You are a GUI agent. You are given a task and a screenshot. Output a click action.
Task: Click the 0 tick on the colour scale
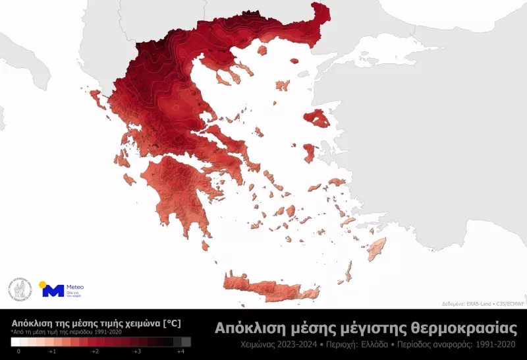(18, 352)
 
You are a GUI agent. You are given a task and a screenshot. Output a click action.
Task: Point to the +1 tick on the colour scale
(52, 352)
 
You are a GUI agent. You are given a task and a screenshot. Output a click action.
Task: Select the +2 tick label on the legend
(95, 352)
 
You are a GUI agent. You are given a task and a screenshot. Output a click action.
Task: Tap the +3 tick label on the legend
(137, 352)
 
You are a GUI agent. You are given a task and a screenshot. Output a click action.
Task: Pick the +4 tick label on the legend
(179, 352)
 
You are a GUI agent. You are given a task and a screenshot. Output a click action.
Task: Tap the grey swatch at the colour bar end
(186, 342)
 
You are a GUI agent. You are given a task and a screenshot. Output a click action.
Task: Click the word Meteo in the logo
(76, 287)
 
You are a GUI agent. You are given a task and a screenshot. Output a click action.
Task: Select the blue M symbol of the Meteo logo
(53, 291)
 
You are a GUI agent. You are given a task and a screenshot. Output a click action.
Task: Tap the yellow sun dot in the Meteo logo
(43, 285)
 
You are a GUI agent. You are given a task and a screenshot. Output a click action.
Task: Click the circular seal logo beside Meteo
(20, 288)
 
